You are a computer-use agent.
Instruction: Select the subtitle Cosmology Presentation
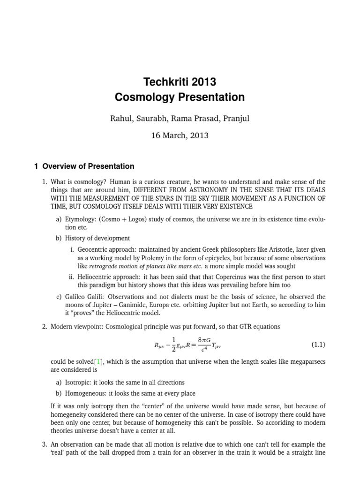pos(180,97)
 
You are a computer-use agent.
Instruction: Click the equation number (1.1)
pos(318,345)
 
